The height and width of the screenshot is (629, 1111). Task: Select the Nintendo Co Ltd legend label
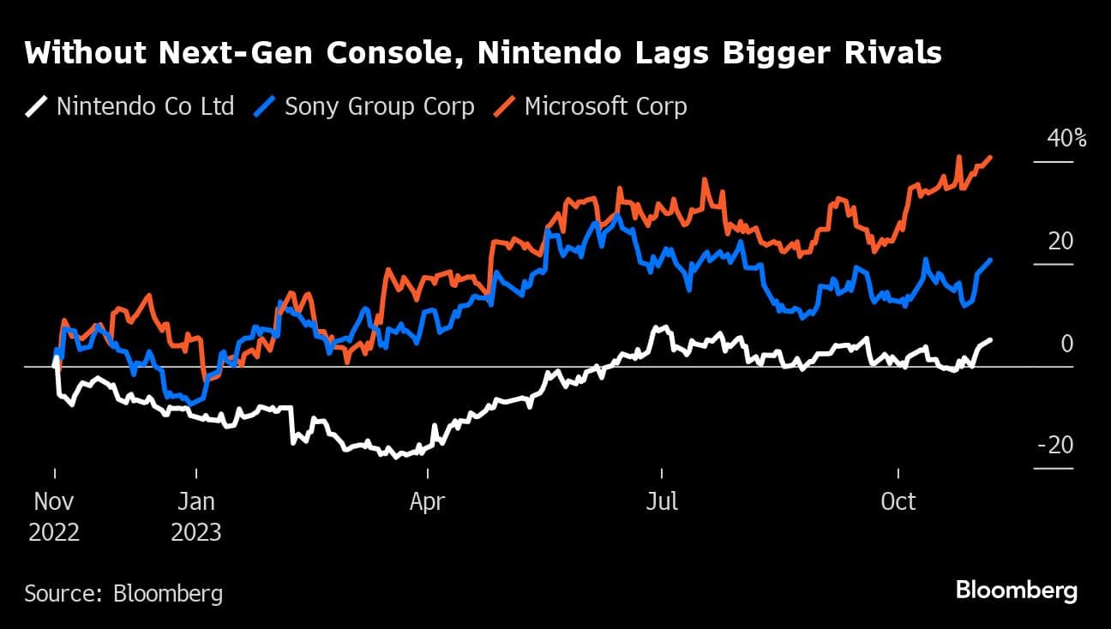pos(145,107)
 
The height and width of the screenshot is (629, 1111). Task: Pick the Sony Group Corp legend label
pos(379,107)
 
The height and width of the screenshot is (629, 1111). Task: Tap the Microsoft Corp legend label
pos(605,107)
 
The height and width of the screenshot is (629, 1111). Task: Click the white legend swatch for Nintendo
pos(37,107)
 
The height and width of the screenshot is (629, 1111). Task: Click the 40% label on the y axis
pos(1066,139)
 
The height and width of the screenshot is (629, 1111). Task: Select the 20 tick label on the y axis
pos(1060,242)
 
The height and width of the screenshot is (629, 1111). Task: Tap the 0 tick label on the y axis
pos(1067,344)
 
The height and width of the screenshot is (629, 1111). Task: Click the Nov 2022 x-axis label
pos(54,516)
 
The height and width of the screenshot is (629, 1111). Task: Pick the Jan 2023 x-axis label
pos(196,516)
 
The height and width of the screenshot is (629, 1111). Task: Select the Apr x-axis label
pos(426,501)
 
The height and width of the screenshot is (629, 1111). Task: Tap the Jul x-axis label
pos(661,501)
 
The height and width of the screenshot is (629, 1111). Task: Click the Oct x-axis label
pos(898,501)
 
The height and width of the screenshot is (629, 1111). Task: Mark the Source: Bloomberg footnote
pos(123,593)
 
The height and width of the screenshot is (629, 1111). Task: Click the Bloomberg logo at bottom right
pos(1016,590)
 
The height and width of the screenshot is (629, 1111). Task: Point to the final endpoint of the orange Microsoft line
pos(991,158)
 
